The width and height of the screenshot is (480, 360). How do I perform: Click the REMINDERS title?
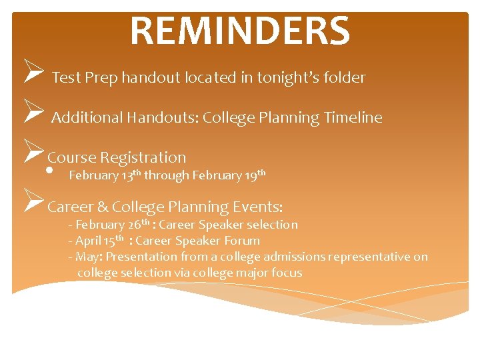pyautogui.click(x=239, y=31)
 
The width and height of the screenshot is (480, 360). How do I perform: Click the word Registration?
pyautogui.click(x=143, y=158)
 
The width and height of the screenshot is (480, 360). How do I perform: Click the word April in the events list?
pyautogui.click(x=88, y=241)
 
